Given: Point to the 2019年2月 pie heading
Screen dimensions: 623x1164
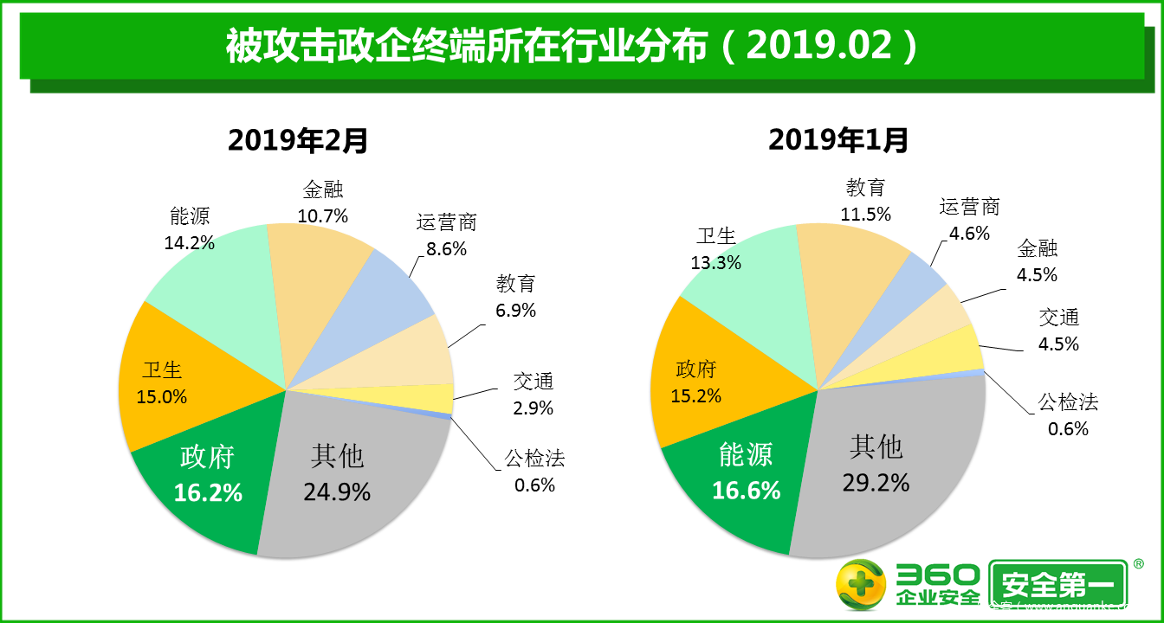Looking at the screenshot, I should [298, 140].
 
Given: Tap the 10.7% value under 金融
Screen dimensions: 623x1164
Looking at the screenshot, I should [322, 215].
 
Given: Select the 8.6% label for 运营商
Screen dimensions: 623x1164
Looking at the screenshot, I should [447, 249].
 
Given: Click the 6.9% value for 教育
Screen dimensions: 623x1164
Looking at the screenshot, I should [516, 309].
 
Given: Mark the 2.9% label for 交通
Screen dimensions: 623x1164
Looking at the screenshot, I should [533, 408].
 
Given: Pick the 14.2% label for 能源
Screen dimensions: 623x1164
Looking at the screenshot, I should [189, 242].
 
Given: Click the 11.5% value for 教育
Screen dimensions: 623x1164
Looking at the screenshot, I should [865, 214].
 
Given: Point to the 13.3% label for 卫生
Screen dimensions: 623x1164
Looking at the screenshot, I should [716, 262].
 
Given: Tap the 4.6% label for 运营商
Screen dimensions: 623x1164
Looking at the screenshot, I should [970, 233].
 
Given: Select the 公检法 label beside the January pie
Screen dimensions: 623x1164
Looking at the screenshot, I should [1068, 401].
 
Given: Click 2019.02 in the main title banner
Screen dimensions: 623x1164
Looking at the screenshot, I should [819, 45].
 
